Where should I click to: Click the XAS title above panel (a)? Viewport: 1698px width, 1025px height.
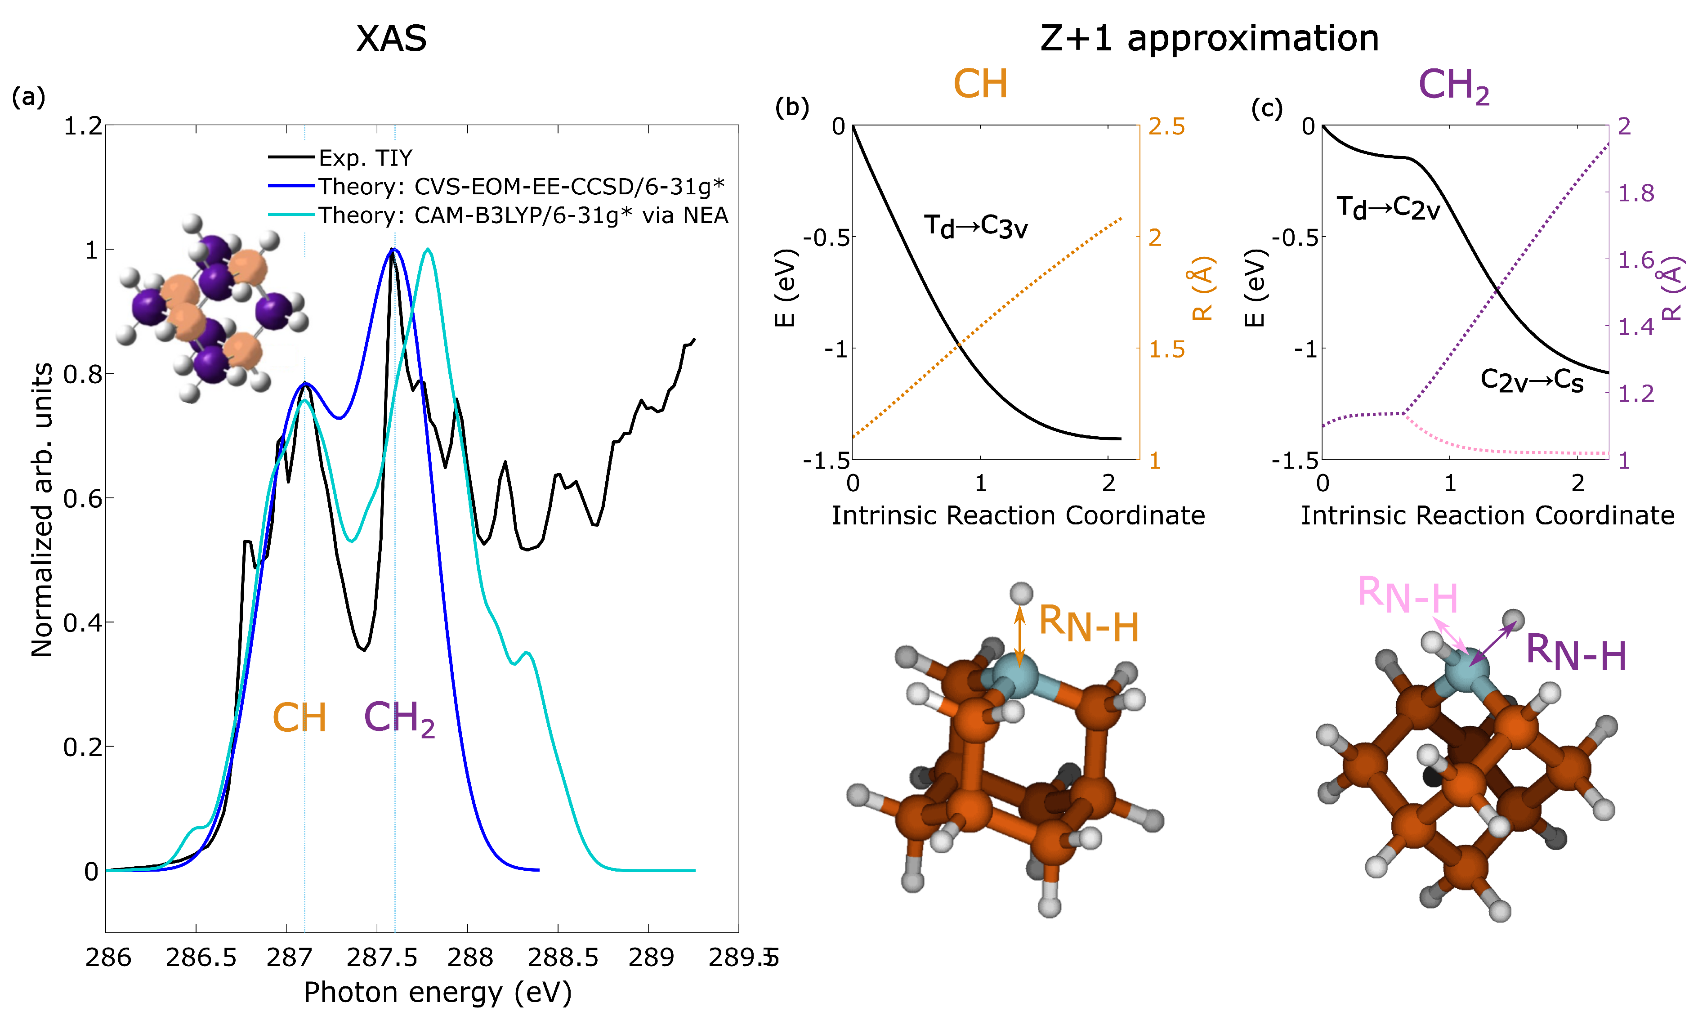[x=391, y=39]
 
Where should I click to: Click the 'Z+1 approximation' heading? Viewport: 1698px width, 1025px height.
[x=1209, y=39]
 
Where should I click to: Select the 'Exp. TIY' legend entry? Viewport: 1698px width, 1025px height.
[x=365, y=159]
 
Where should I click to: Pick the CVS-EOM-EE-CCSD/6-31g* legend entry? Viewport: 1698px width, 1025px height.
[x=520, y=187]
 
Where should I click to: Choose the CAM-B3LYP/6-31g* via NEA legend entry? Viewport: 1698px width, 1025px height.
[x=523, y=216]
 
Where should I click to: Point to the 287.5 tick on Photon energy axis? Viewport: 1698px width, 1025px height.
[x=381, y=958]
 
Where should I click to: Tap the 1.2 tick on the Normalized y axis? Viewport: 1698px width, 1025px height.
[x=83, y=126]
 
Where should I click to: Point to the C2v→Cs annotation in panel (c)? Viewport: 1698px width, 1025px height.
[x=1531, y=380]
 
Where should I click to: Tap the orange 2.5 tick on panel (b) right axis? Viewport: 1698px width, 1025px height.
[x=1166, y=127]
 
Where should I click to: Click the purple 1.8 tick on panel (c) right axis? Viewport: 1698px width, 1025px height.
[x=1636, y=194]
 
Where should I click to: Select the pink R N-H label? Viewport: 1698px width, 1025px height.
[x=1407, y=595]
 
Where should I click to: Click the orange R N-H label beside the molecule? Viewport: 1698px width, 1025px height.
[x=1087, y=625]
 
